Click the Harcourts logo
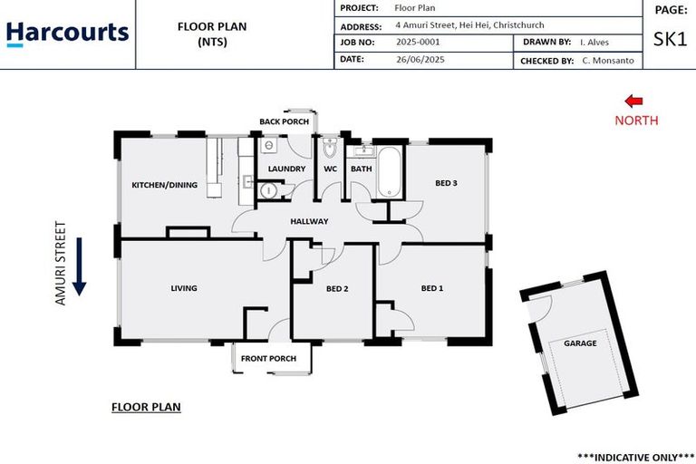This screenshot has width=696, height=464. [68, 34]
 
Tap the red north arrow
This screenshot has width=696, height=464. [634, 102]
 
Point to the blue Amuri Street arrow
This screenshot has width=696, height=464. [79, 266]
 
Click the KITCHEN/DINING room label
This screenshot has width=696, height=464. [164, 186]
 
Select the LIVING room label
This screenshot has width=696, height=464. [184, 289]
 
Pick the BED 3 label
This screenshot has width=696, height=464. [446, 183]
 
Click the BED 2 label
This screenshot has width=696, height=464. [337, 289]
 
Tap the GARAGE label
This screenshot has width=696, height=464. [580, 343]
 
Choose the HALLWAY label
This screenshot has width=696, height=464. [309, 221]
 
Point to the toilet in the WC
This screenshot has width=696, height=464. [330, 148]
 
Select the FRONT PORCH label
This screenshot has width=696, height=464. [268, 359]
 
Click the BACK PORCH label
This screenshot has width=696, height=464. [284, 121]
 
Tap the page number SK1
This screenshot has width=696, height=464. [670, 39]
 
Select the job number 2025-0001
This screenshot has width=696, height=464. [419, 43]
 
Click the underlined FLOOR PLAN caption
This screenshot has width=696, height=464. [146, 407]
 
